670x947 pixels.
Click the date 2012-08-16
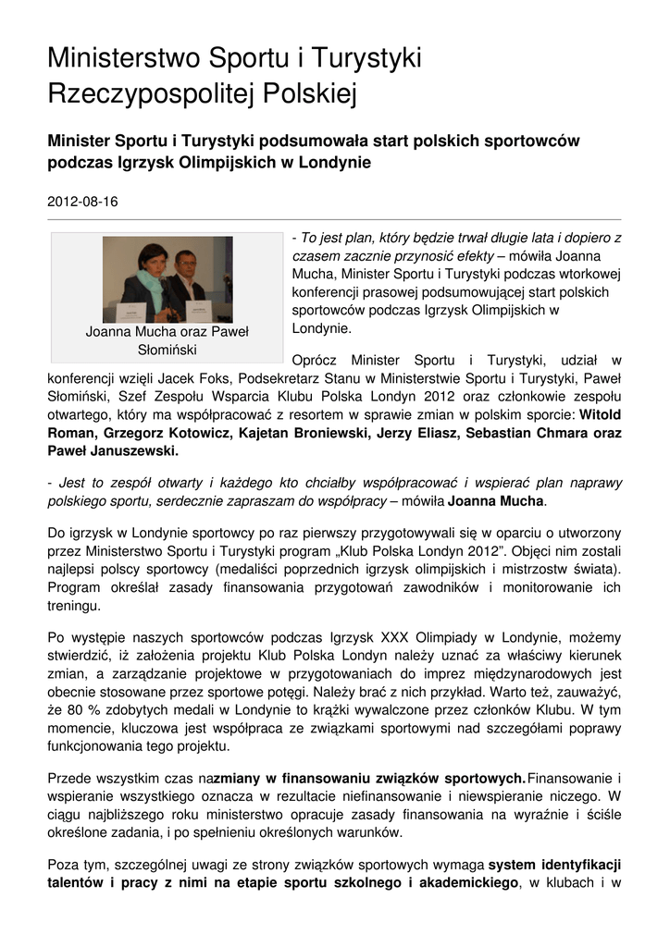click(82, 201)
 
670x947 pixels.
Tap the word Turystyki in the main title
click(365, 59)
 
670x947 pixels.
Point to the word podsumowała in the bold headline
click(313, 141)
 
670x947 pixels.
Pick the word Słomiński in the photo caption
click(167, 350)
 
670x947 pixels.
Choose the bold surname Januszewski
click(133, 451)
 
